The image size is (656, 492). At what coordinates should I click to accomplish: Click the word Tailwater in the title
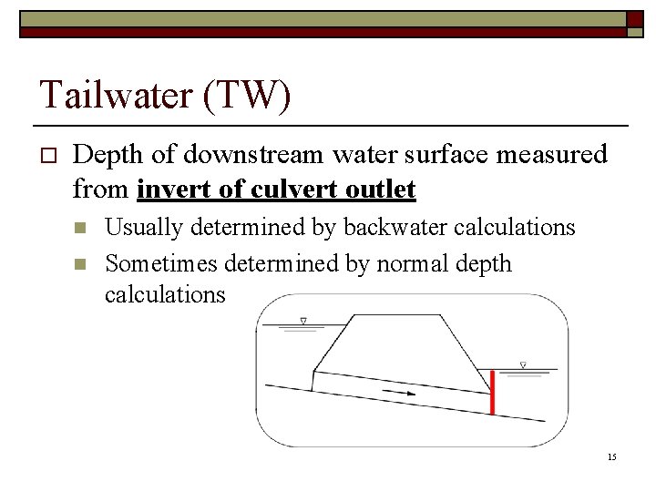coord(118,96)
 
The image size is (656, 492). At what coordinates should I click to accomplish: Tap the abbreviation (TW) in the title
coord(249,96)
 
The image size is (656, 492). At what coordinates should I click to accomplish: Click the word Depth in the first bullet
coord(108,155)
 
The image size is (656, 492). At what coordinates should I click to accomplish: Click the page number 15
coord(611,456)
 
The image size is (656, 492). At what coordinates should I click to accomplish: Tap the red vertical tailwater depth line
coord(493,392)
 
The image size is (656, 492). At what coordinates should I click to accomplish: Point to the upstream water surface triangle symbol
coord(303,321)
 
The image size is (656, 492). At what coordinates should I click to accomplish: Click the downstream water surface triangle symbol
coord(523,365)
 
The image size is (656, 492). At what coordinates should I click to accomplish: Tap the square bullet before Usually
coord(80,227)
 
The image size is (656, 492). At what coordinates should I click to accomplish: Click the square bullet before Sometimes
coord(80,265)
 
